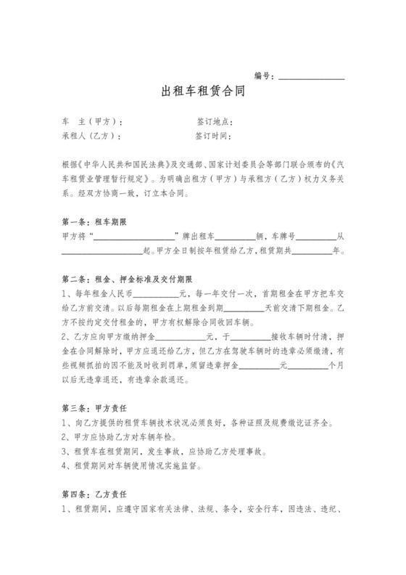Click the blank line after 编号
point(312,76)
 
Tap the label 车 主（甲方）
point(93,122)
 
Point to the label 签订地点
point(213,122)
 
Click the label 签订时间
point(213,136)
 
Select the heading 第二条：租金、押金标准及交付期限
point(128,279)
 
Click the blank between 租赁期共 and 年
point(311,251)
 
